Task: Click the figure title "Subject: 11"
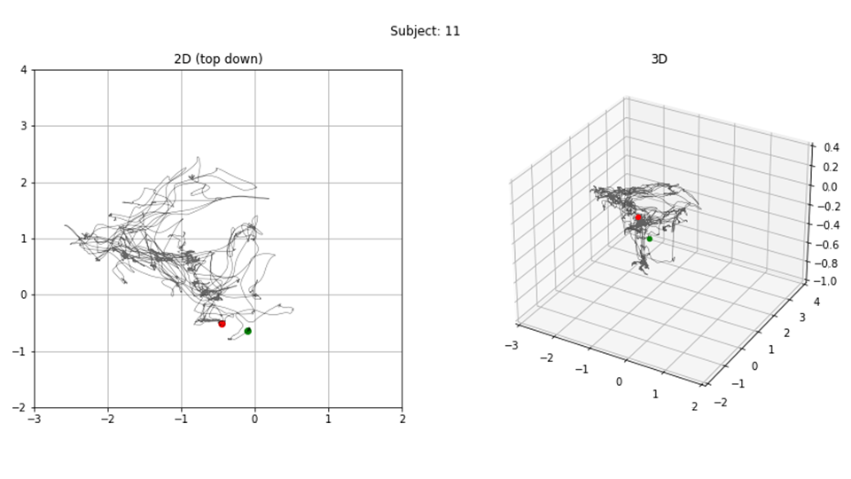click(x=425, y=31)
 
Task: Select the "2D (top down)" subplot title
click(x=218, y=59)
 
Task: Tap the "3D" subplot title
click(x=659, y=59)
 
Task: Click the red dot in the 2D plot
click(x=222, y=324)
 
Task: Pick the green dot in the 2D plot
click(x=248, y=331)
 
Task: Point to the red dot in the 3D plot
click(x=638, y=217)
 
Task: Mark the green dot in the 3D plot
click(x=650, y=239)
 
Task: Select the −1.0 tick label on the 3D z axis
click(x=828, y=281)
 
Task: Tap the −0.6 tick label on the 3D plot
click(x=828, y=245)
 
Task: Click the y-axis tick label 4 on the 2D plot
click(x=24, y=69)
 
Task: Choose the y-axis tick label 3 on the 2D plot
click(x=24, y=126)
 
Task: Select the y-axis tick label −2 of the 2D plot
click(x=20, y=408)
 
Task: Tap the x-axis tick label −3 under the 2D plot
click(x=35, y=420)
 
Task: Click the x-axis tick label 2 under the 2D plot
click(x=402, y=420)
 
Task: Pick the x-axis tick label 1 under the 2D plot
click(x=328, y=420)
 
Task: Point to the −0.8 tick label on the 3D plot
click(x=828, y=263)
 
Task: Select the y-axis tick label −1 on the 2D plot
click(x=20, y=351)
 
